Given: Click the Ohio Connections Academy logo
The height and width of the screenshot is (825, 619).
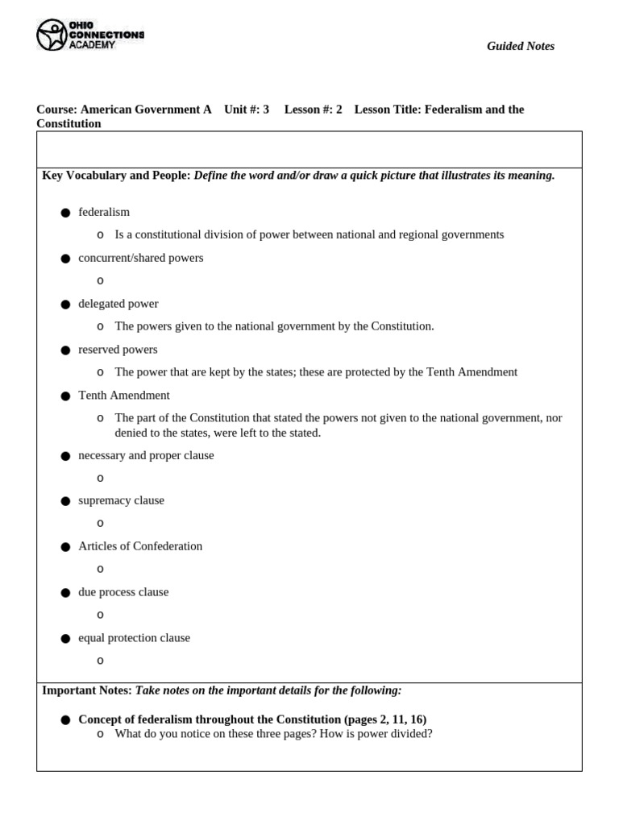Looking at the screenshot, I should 89,35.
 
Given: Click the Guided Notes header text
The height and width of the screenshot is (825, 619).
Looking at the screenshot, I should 520,46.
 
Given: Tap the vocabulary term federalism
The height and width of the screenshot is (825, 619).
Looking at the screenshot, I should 104,212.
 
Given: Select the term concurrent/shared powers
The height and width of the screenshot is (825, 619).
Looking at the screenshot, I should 140,258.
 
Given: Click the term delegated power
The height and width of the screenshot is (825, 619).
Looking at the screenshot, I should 118,304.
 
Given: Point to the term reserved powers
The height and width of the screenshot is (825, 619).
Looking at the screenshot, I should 118,350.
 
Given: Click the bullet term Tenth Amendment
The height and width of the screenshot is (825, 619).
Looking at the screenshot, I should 123,396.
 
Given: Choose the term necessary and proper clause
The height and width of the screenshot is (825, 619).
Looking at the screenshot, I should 146,455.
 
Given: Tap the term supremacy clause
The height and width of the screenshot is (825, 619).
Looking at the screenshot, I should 121,500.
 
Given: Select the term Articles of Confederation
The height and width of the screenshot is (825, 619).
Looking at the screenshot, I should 140,546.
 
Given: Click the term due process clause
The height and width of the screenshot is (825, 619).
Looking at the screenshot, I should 123,592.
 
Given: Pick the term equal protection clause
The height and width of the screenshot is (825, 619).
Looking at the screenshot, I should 134,638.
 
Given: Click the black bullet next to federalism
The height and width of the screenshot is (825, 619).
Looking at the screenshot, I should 65,213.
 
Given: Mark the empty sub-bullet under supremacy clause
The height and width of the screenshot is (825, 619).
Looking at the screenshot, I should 100,524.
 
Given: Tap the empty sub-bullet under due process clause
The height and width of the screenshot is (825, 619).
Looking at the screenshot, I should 100,616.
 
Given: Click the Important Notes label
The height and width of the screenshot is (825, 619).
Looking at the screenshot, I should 86,690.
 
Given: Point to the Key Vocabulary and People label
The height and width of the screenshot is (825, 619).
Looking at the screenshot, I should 116,176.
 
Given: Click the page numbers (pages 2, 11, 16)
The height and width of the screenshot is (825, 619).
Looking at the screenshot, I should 385,719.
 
